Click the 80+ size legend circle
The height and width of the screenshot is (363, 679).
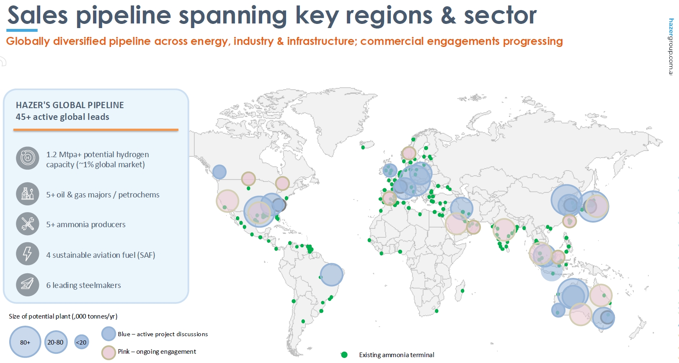coord(25,342)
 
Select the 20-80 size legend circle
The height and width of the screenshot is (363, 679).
coord(55,342)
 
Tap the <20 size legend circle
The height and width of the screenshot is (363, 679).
coord(81,342)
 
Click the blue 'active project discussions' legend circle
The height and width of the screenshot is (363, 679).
coord(108,334)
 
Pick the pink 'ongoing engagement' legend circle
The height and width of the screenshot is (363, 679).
coord(108,353)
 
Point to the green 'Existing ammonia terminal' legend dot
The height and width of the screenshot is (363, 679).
coord(344,355)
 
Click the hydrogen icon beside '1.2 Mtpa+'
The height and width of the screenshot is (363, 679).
coord(28,158)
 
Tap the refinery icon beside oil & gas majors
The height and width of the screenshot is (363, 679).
coord(28,194)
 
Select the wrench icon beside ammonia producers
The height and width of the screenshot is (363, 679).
coord(28,224)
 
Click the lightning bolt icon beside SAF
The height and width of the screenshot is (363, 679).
coord(28,254)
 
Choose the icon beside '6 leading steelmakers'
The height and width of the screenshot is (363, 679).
coord(28,285)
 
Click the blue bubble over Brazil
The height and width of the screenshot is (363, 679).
coord(332,275)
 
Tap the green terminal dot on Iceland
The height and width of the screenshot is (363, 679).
coord(363,148)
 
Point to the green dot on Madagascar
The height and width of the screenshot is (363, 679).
coord(462,291)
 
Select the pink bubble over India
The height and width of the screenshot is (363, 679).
coord(504,230)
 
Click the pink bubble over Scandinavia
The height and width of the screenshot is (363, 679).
coord(408,153)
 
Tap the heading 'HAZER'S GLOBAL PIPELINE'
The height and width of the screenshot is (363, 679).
coord(70,105)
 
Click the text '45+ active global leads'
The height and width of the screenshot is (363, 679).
coord(62,117)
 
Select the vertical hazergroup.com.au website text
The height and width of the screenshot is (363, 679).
coord(671,47)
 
